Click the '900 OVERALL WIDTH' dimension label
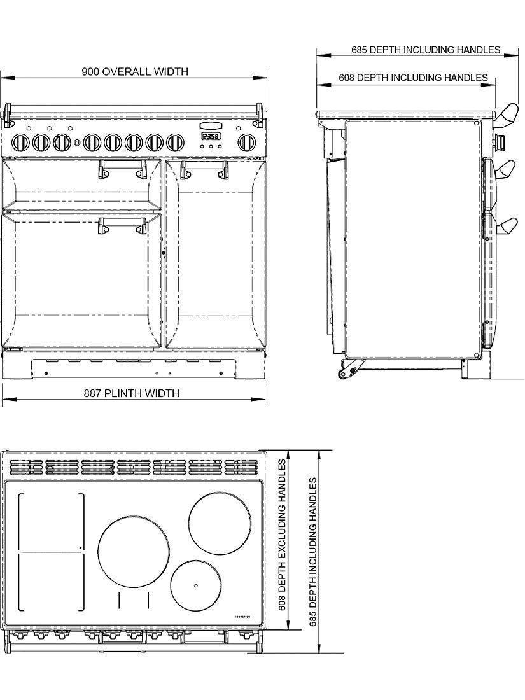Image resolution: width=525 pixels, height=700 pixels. (x=134, y=71)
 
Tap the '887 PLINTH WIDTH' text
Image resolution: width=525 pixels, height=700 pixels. (x=131, y=393)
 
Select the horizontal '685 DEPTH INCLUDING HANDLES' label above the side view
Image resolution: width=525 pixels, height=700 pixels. (x=425, y=50)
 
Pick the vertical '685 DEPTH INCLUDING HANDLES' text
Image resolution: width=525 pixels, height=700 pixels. (x=312, y=552)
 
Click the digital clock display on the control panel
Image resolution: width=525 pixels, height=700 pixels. (x=211, y=136)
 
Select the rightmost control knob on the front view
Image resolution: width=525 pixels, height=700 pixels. (x=246, y=142)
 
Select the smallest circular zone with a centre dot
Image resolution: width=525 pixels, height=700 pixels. (x=195, y=585)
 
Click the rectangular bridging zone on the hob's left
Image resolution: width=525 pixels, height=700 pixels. (x=52, y=550)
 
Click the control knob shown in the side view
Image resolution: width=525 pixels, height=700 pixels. (x=500, y=141)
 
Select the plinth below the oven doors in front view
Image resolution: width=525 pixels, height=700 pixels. (x=133, y=367)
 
